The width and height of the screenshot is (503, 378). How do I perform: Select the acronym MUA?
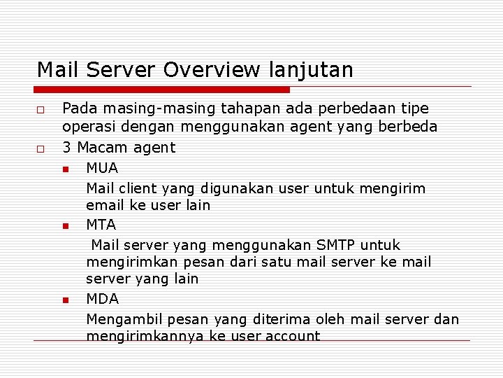102,168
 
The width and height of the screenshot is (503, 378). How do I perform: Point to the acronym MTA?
101,225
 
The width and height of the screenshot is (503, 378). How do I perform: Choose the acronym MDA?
102,299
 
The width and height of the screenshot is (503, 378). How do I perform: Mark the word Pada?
78,108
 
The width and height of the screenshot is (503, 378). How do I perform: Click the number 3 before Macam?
67,148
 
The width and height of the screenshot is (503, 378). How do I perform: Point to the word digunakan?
235,188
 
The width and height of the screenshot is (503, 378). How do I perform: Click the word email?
105,205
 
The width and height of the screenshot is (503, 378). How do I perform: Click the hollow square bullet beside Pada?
41,111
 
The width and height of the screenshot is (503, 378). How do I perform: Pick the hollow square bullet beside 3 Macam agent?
41,149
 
